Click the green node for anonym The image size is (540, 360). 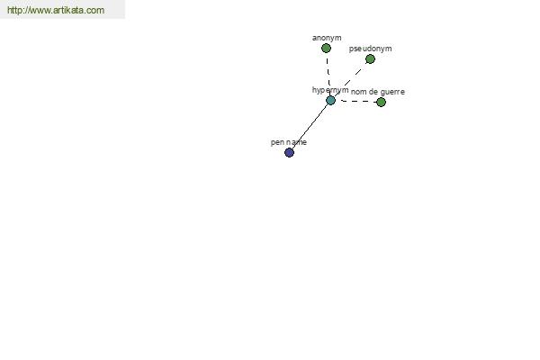click(326, 49)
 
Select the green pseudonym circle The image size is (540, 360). click(370, 59)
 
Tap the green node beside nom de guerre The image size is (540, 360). click(381, 102)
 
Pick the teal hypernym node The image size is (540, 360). click(330, 100)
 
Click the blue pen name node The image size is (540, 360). click(289, 153)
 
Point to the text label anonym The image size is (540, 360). click(327, 38)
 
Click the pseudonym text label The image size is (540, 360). click(370, 49)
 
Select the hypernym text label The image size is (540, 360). click(330, 90)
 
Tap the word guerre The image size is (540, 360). click(392, 92)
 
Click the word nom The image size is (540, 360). click(358, 92)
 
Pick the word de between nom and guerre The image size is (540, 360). click(373, 92)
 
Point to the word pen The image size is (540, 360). click(277, 142)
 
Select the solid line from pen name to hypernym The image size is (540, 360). click(310, 126)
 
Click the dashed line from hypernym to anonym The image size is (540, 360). click(328, 74)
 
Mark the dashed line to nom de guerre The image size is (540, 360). click(356, 102)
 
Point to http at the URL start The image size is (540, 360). click(14, 10)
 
